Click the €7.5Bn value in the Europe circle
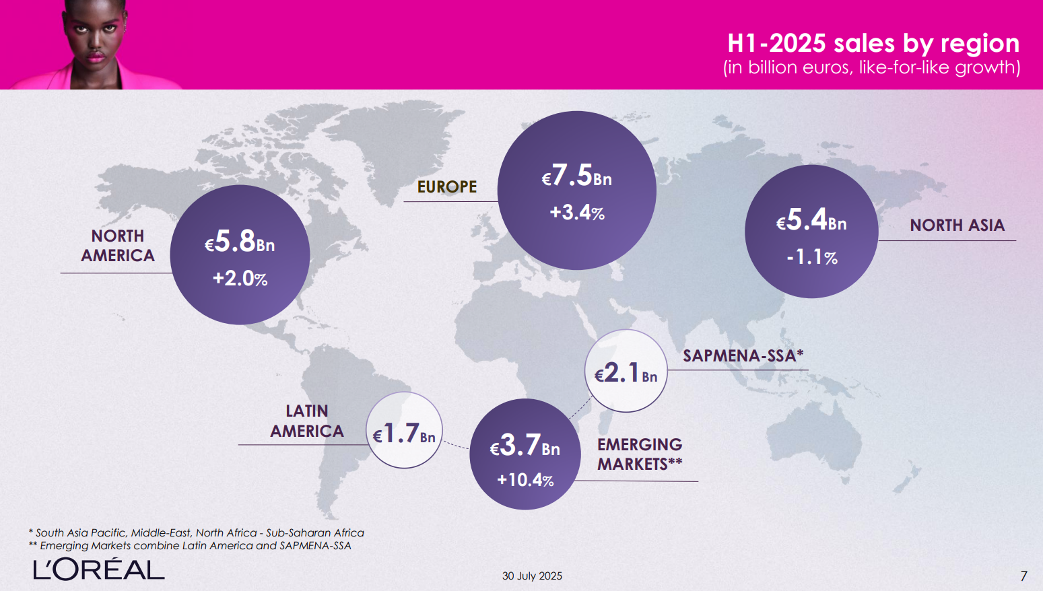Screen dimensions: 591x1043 pos(577,176)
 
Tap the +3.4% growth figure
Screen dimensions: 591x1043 pos(577,213)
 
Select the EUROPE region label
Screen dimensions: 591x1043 pos(447,187)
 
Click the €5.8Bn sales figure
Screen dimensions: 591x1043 pos(240,242)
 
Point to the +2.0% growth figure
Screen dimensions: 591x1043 pos(240,278)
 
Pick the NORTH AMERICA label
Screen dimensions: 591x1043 pos(118,246)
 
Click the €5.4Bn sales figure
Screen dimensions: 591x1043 pos(811,220)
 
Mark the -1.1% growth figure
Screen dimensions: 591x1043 pos(812,257)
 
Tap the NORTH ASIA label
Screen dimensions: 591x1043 pos(957,225)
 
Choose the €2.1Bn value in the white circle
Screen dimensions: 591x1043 pos(626,373)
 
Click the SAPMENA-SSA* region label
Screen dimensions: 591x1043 pos(743,355)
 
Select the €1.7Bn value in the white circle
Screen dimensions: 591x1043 pos(404,434)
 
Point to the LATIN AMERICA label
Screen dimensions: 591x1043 pos(307,421)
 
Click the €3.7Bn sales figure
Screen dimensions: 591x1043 pos(525,446)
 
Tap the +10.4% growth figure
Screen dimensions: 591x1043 pos(525,480)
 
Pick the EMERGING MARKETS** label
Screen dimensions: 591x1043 pos(640,454)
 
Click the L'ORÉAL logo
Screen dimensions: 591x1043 pos(99,569)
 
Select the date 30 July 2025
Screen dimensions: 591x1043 pos(532,576)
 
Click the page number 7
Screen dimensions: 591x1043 pos(1023,576)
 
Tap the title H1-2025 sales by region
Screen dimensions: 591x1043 pos(873,43)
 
